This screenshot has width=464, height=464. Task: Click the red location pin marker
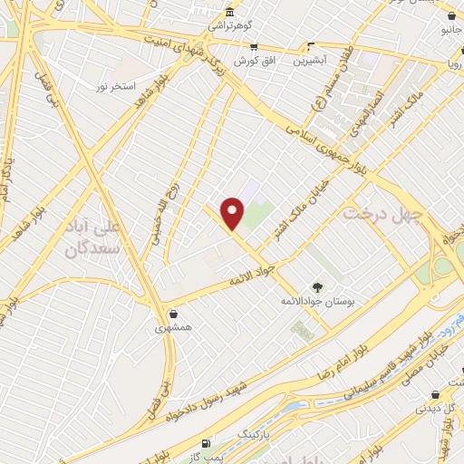coord(234,213)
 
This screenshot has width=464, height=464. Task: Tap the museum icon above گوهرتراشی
coord(231,13)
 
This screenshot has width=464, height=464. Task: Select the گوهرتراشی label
coord(231,27)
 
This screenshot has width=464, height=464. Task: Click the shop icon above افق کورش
coord(254,46)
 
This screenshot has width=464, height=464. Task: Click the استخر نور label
coord(115,88)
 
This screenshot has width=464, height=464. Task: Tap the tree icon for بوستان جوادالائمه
coord(316,287)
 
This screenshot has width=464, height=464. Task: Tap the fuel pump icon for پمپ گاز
coord(208,442)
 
